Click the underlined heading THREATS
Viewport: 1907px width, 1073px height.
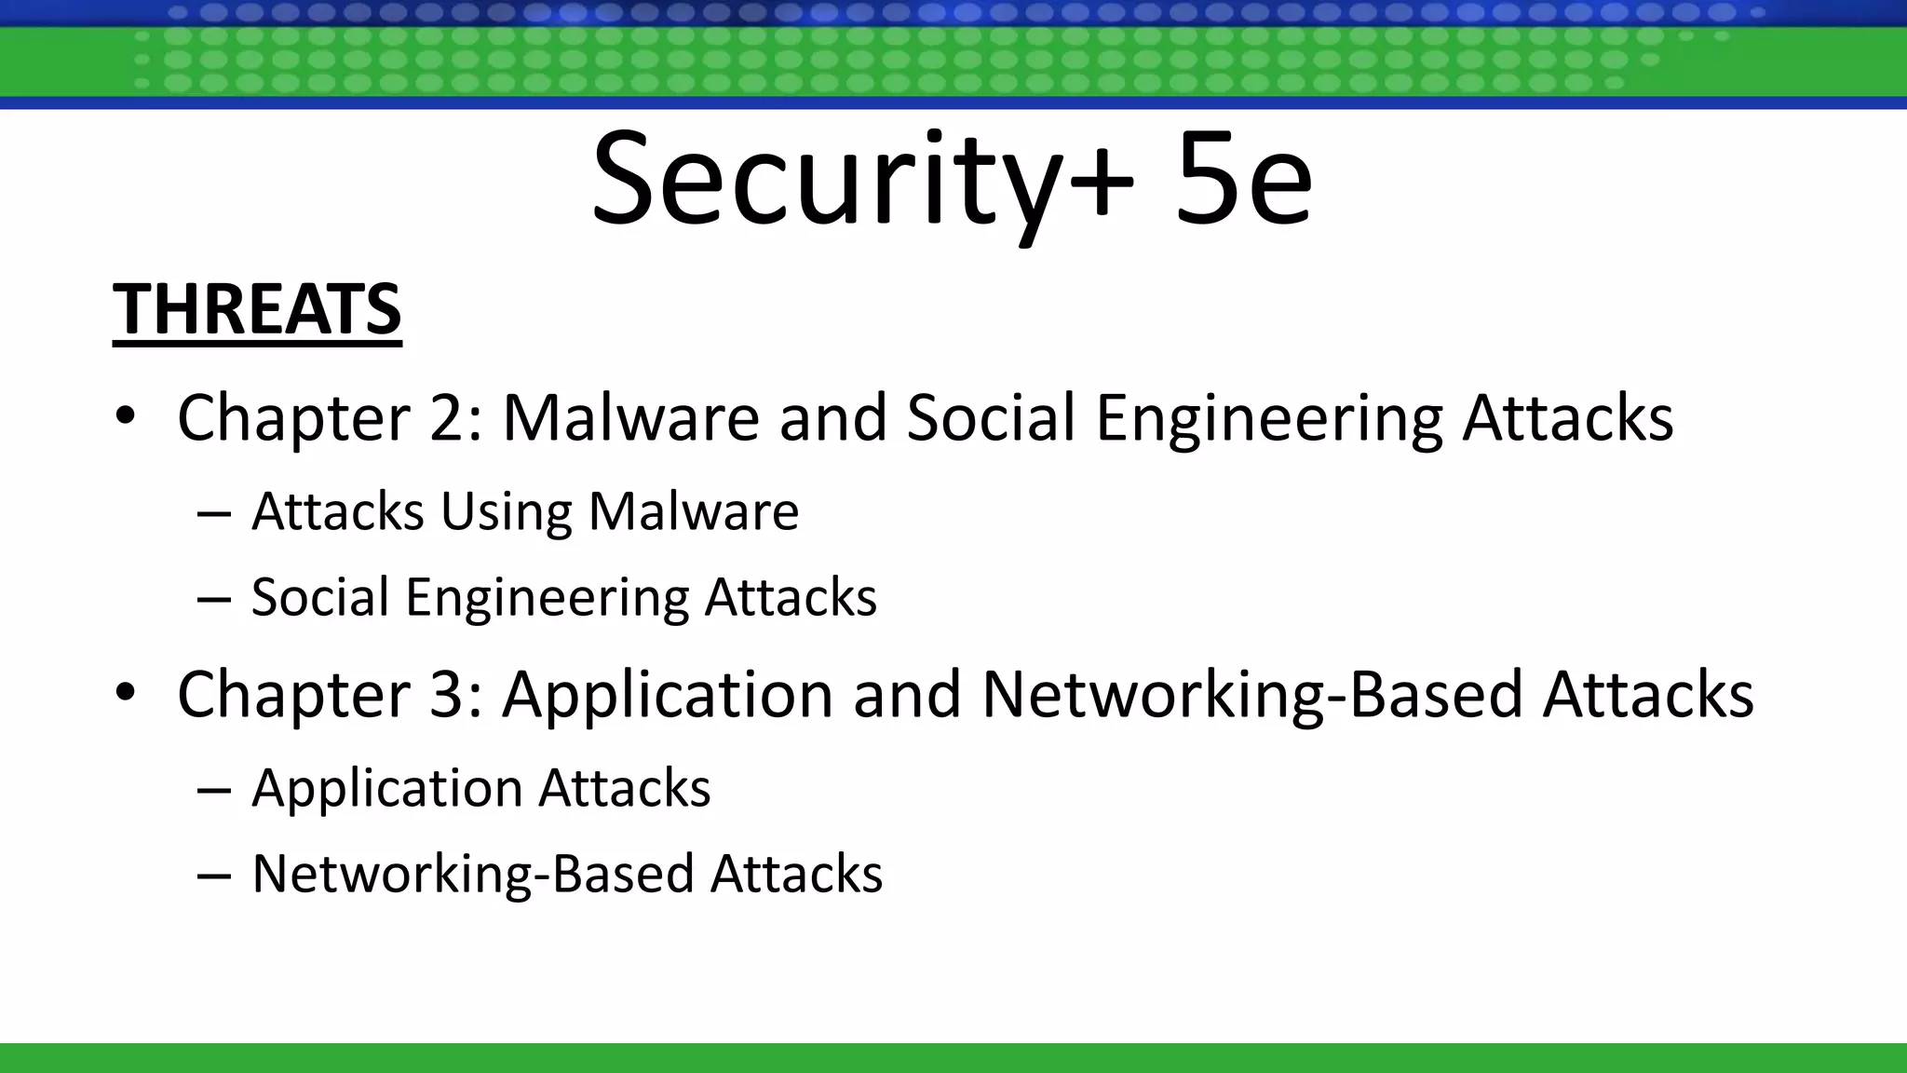[257, 309]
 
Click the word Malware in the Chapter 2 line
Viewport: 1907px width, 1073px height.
[631, 417]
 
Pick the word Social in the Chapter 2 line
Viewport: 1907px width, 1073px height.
[991, 417]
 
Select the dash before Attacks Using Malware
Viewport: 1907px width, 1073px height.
[214, 513]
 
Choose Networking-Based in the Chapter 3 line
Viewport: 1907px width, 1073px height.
[1251, 694]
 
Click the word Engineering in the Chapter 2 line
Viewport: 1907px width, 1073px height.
[1268, 419]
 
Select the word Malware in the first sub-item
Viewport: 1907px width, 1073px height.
[694, 511]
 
